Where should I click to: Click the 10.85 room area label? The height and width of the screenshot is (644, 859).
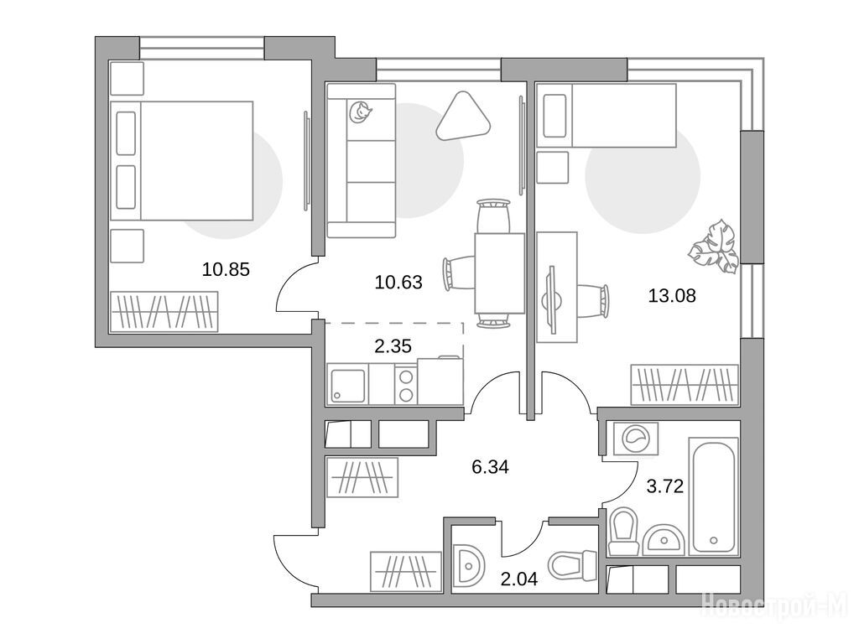click(x=226, y=269)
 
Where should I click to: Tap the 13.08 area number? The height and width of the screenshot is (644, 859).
click(x=672, y=296)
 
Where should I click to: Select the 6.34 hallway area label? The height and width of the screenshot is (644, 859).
click(x=490, y=467)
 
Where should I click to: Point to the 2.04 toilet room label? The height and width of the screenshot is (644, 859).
click(x=519, y=579)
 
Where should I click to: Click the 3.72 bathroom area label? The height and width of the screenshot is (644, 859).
click(x=665, y=486)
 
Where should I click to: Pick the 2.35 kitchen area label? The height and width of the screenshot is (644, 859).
click(x=393, y=346)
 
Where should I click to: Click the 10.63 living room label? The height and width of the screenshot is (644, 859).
click(x=398, y=282)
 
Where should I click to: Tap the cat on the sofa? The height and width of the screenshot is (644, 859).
click(x=360, y=112)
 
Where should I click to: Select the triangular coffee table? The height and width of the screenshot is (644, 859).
click(x=464, y=116)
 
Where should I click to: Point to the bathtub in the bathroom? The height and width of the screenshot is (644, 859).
click(x=713, y=496)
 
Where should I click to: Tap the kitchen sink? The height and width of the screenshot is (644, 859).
click(x=348, y=385)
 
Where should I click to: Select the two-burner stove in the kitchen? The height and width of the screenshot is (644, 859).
click(x=406, y=385)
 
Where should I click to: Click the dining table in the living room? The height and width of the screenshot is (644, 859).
click(x=499, y=273)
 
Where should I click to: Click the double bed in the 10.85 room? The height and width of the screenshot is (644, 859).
click(x=181, y=160)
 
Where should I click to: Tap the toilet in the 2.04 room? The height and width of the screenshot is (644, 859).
click(x=572, y=564)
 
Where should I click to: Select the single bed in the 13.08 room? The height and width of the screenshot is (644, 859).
click(x=607, y=115)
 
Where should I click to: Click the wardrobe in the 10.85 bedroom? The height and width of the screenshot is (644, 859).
click(x=164, y=312)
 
